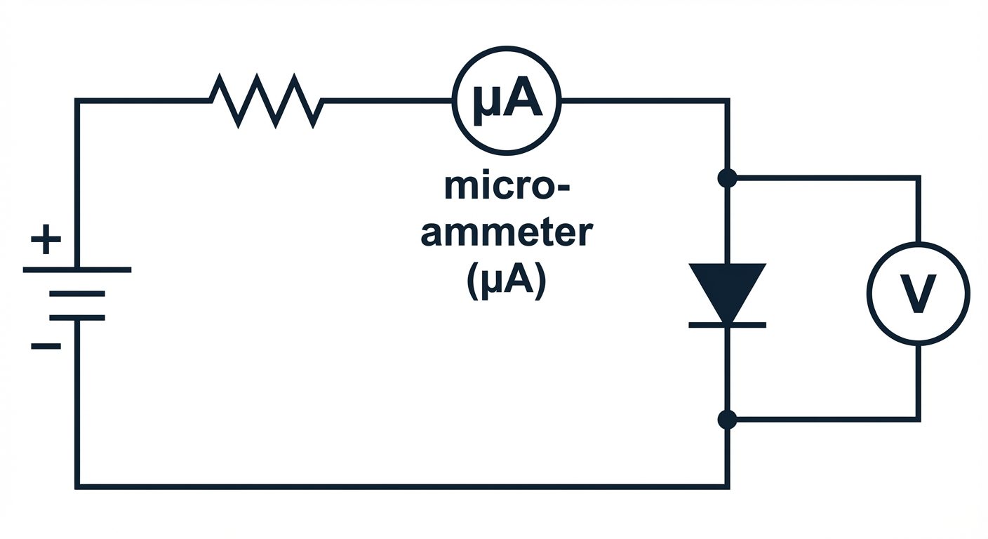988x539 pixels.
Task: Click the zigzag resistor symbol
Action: coord(266,102)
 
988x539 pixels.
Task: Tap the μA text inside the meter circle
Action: coord(507,101)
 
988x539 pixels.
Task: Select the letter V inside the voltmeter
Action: coord(918,293)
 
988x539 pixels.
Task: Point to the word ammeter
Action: coord(506,233)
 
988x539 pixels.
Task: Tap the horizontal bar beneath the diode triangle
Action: coord(727,325)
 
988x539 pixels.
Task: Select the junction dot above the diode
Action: coord(727,178)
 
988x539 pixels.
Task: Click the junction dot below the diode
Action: coord(727,420)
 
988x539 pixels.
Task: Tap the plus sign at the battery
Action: coord(46,241)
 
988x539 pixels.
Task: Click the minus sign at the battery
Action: coord(46,346)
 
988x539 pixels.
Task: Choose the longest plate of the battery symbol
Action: coord(77,269)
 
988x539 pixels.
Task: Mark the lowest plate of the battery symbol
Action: coord(77,318)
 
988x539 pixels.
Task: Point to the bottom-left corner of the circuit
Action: coord(77,486)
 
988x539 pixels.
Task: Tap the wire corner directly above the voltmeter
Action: coord(918,178)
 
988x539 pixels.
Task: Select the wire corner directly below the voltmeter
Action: coord(918,420)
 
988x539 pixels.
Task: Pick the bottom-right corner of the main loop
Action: coord(727,486)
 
